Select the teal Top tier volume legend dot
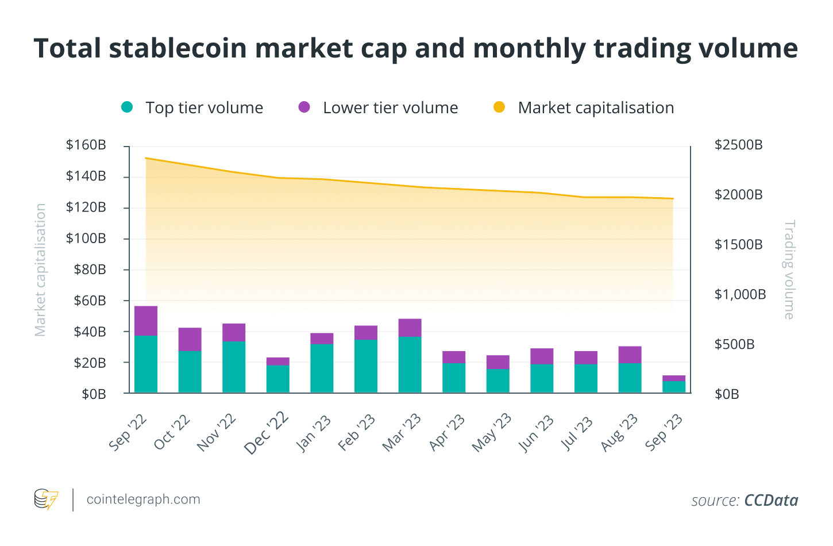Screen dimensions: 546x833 click(x=128, y=107)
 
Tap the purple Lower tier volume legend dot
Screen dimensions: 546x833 click(x=304, y=107)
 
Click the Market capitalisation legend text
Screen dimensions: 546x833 click(x=596, y=108)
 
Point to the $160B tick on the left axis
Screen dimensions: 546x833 click(x=86, y=145)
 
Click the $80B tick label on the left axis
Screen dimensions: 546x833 click(x=90, y=270)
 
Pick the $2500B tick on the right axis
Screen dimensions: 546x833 click(x=738, y=145)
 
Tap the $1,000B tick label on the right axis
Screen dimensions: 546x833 click(x=740, y=295)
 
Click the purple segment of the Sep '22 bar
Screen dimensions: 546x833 click(x=146, y=321)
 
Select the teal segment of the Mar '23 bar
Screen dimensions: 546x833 click(x=410, y=364)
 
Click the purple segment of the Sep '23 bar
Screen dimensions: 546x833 click(x=674, y=378)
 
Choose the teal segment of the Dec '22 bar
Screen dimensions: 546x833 click(x=278, y=379)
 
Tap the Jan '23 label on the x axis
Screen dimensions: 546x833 click(x=314, y=433)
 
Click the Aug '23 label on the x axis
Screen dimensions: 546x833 click(x=619, y=432)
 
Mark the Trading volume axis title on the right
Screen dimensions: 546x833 click(x=789, y=270)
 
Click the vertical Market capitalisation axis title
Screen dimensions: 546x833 click(x=40, y=270)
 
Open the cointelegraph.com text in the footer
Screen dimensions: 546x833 click(x=143, y=499)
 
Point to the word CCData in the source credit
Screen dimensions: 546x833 click(x=771, y=501)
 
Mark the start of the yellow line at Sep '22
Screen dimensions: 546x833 click(x=146, y=158)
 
